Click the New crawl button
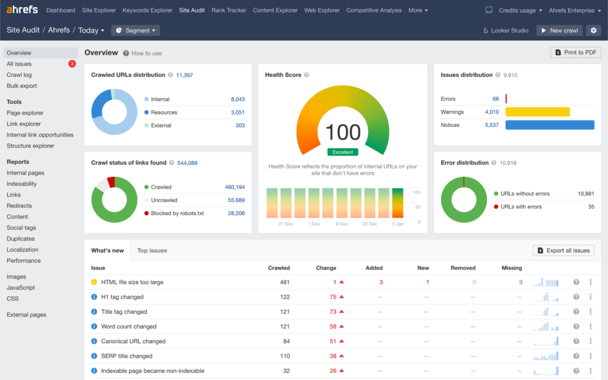(559, 30)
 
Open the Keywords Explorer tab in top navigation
(147, 10)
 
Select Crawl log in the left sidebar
(19, 75)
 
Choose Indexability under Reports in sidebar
(21, 184)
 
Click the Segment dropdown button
(135, 30)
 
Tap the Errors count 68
(495, 99)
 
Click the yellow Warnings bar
(537, 112)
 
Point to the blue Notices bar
(549, 125)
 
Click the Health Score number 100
(343, 132)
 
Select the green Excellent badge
(343, 152)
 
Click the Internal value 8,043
(237, 99)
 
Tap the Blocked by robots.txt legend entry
(177, 213)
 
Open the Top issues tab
(152, 251)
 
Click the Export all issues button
(563, 251)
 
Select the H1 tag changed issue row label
(122, 297)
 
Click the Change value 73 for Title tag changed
(333, 312)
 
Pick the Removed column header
(463, 268)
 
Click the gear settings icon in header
(593, 30)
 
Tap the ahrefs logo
(23, 10)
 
